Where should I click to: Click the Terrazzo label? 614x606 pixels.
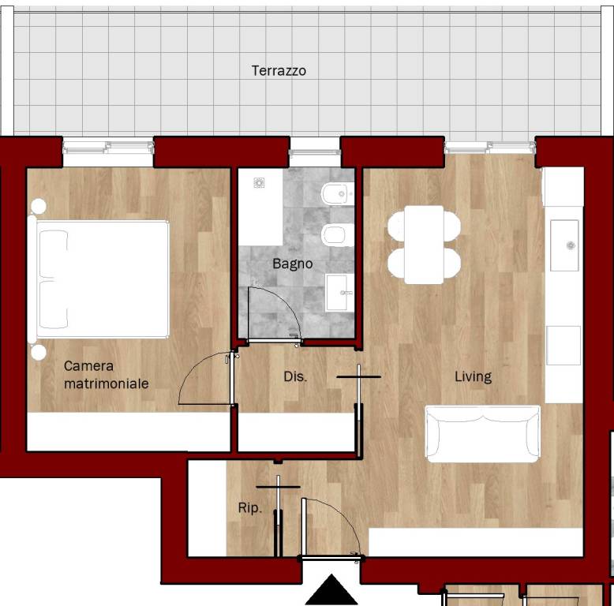click(x=279, y=70)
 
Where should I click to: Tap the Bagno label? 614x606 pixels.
click(x=293, y=264)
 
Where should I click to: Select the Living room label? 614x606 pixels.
click(x=473, y=376)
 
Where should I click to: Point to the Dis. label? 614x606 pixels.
click(x=295, y=376)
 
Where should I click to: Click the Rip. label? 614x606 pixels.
click(x=250, y=508)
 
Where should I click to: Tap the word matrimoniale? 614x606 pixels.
click(x=106, y=383)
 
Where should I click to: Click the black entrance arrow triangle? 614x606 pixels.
click(x=331, y=589)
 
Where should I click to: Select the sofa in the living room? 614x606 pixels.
click(x=483, y=434)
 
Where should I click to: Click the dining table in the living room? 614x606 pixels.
click(x=424, y=245)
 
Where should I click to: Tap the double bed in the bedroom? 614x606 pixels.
click(x=99, y=279)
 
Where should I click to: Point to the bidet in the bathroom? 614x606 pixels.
click(x=337, y=193)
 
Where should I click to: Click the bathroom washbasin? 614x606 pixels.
click(x=339, y=292)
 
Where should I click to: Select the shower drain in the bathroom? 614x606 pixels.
click(x=259, y=182)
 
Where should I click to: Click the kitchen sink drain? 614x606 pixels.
click(x=571, y=245)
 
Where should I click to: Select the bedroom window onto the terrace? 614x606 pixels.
click(x=108, y=147)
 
